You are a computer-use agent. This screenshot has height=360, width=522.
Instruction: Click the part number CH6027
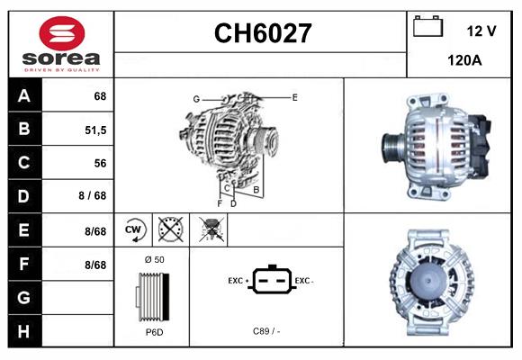click(262, 34)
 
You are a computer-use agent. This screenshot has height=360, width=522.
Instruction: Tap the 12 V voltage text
click(481, 31)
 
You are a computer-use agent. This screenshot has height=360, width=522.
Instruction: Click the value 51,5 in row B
click(94, 130)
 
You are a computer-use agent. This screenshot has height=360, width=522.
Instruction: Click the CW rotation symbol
click(134, 229)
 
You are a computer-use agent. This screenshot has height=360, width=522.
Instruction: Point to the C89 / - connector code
click(265, 332)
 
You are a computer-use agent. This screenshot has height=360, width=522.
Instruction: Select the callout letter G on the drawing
click(195, 98)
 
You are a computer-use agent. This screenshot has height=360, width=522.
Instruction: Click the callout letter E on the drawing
click(294, 96)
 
